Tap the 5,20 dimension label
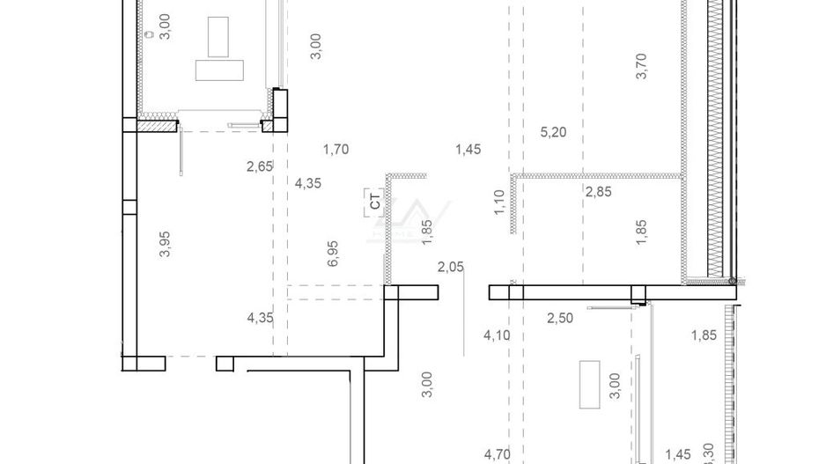(x=552, y=133)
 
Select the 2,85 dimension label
(x=598, y=191)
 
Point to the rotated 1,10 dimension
(x=498, y=203)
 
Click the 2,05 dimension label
(x=450, y=267)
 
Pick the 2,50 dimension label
(x=559, y=318)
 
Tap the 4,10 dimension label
(x=497, y=335)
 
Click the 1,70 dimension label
(x=336, y=150)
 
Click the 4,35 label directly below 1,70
(x=308, y=184)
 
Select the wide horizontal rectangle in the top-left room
(x=220, y=70)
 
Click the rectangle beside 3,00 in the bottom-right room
(x=588, y=386)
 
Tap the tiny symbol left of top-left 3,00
(x=149, y=34)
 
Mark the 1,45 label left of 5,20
(x=468, y=150)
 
